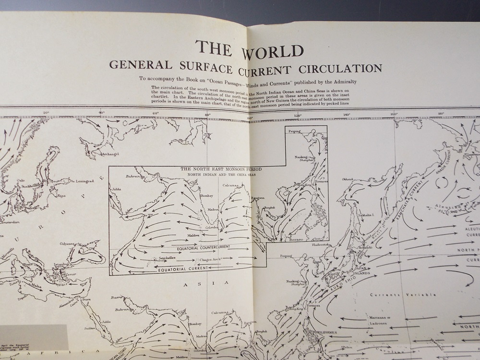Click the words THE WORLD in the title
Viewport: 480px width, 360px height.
click(x=249, y=49)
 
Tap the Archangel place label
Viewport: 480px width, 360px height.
click(x=110, y=154)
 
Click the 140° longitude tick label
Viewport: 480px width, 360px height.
click(x=347, y=115)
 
